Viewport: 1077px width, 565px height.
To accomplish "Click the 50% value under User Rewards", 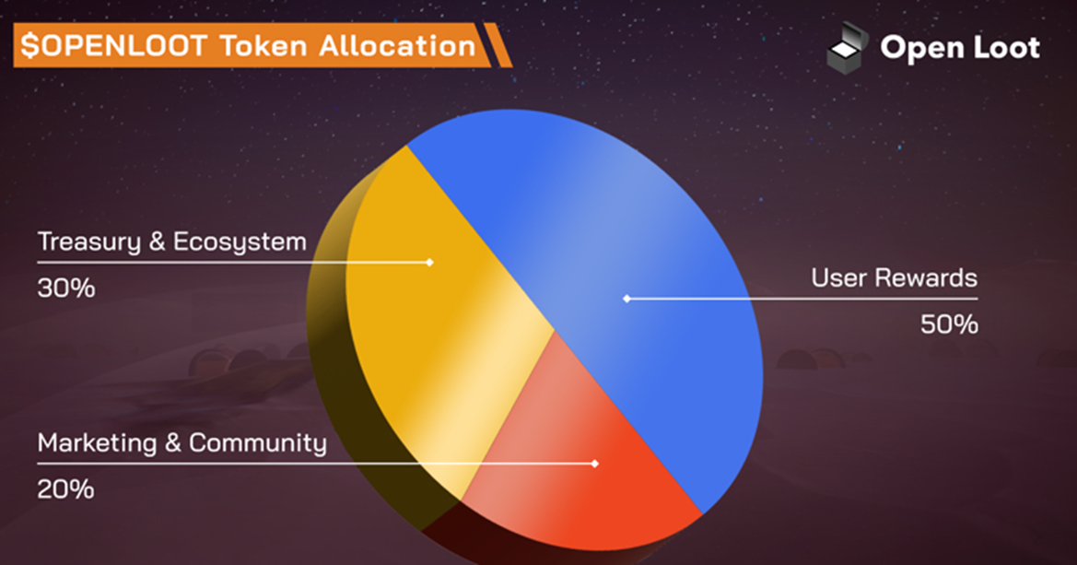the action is click(x=949, y=324).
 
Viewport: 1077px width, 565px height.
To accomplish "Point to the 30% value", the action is click(x=66, y=288).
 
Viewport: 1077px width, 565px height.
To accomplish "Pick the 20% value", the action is click(x=65, y=489).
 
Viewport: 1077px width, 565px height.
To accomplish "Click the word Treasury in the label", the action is click(x=88, y=242).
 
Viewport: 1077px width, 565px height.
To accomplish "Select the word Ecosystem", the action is click(x=240, y=242).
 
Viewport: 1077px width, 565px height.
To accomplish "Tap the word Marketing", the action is click(x=97, y=443).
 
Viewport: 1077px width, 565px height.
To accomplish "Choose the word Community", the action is click(x=258, y=443).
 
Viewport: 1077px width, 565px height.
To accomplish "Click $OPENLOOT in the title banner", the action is click(x=113, y=46).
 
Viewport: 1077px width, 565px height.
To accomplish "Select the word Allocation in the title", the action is click(x=397, y=46).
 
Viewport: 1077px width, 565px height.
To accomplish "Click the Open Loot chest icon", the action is click(x=846, y=48).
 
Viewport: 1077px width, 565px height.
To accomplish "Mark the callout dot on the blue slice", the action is click(x=626, y=299).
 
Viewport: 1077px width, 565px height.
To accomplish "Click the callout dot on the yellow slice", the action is click(x=429, y=262).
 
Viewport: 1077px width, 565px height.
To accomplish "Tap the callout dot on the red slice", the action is click(x=595, y=464).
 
